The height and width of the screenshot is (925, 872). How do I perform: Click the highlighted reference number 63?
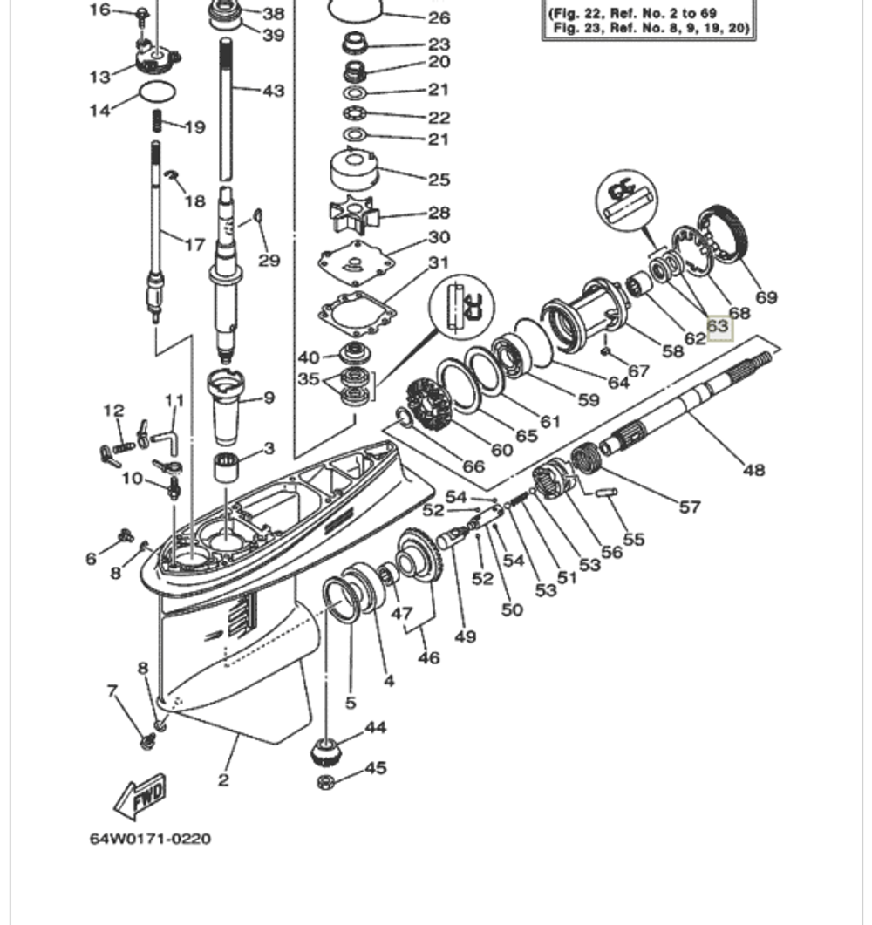(x=718, y=327)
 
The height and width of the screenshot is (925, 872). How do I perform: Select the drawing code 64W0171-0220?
(x=150, y=840)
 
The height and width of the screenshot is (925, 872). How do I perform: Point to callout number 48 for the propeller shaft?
(x=753, y=470)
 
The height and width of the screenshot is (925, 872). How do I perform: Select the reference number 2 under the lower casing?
(x=223, y=779)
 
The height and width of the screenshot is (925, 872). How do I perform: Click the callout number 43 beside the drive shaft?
(x=273, y=91)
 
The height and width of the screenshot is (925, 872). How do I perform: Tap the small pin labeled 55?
(x=607, y=492)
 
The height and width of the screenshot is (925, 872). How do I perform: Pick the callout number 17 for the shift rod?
(x=194, y=245)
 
